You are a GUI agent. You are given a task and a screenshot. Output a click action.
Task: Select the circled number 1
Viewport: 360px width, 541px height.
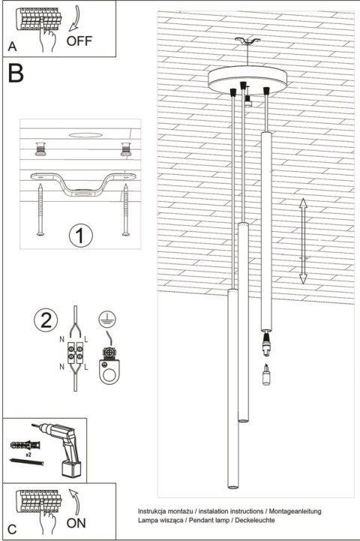tap(79, 236)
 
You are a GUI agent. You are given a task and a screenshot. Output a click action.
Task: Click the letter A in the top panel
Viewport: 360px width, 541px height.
tap(11, 47)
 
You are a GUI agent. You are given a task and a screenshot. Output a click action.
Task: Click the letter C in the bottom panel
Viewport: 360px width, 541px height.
tap(11, 528)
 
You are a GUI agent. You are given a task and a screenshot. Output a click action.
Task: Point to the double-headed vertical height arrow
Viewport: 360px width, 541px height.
tap(302, 241)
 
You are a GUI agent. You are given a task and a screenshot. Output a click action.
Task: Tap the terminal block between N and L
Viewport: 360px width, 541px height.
tap(77, 352)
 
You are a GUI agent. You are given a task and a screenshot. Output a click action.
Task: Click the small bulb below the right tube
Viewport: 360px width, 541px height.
tap(265, 374)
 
